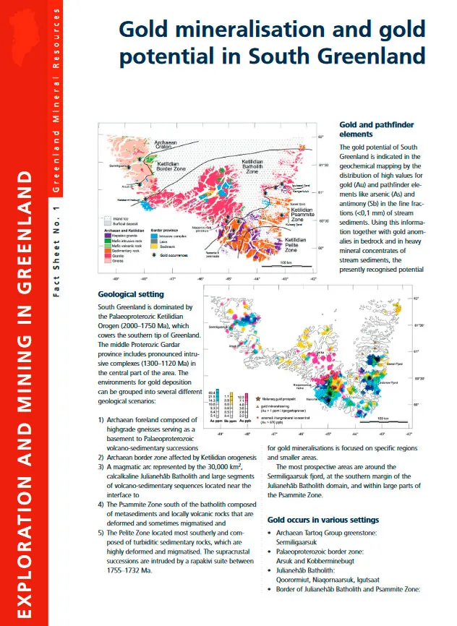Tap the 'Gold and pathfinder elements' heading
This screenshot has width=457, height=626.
(376, 129)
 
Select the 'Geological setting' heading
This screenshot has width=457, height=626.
(130, 294)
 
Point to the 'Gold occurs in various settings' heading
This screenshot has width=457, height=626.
(323, 520)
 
